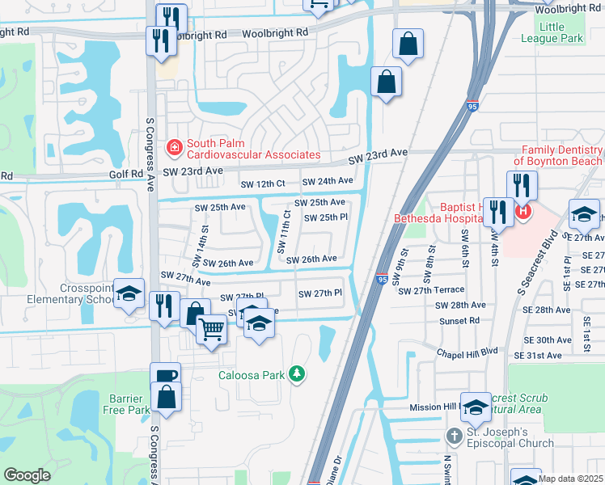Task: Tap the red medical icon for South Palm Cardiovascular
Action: click(174, 148)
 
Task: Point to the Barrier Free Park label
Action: click(127, 404)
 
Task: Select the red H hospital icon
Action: click(523, 212)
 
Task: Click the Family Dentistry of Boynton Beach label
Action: click(561, 155)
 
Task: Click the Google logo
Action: click(27, 474)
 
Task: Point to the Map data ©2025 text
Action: click(570, 479)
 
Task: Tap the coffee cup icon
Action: click(166, 376)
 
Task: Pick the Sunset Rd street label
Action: click(458, 321)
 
